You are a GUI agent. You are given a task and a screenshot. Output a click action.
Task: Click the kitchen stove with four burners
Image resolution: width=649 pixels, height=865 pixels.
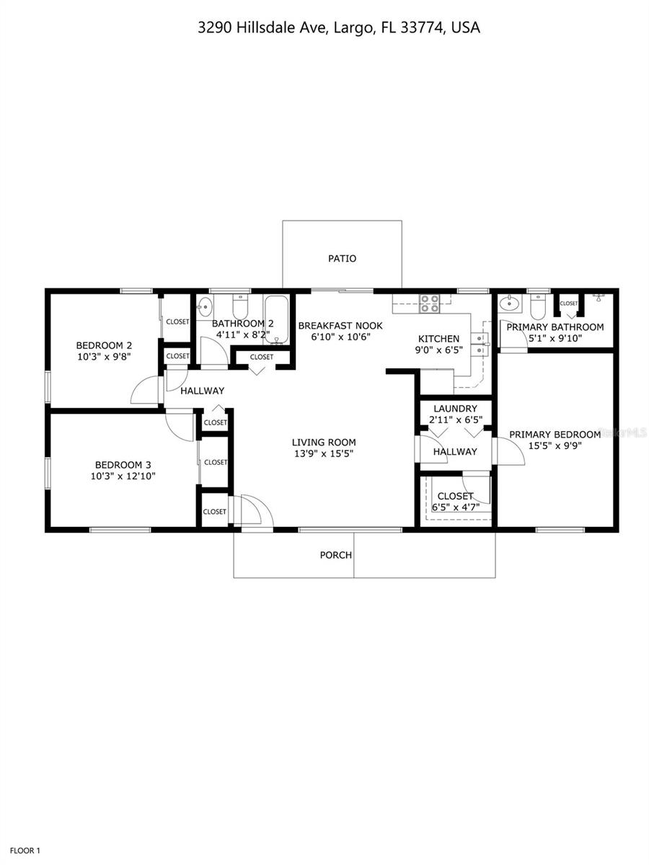[x=430, y=303]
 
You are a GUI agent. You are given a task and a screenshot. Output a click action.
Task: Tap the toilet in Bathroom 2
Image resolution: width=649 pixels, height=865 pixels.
[x=240, y=306]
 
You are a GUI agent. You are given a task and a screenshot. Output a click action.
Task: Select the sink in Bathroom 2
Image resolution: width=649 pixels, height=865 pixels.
[x=203, y=304]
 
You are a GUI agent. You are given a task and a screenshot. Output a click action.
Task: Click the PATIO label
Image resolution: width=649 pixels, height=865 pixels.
[x=342, y=258]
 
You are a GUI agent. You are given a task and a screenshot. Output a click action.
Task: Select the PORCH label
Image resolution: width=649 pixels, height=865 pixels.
[x=336, y=555]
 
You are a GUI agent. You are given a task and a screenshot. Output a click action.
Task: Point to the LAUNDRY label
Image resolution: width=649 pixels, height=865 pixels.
[x=455, y=409]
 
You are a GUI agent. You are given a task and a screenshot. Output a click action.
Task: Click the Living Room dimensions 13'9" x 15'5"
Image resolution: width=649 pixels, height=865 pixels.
[x=324, y=453]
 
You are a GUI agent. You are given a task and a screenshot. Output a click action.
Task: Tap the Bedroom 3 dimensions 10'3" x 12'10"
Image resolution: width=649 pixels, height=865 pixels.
[x=123, y=476]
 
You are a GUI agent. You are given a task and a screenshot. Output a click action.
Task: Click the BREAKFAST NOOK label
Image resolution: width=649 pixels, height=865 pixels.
[x=340, y=326]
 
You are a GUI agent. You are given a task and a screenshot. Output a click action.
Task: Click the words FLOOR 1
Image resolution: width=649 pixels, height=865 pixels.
[x=24, y=851]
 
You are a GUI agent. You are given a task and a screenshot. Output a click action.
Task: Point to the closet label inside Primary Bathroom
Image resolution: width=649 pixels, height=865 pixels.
[x=569, y=303]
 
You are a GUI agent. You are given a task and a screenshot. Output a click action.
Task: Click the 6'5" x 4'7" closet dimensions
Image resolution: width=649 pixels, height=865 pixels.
[x=455, y=507]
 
